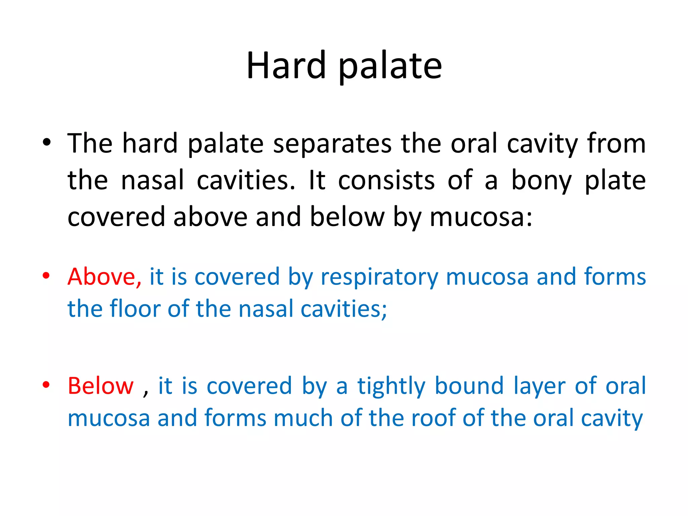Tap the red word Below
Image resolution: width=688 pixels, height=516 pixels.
(x=100, y=386)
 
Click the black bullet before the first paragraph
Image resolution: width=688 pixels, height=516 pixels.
(x=46, y=142)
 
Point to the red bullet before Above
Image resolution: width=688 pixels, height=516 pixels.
(x=46, y=275)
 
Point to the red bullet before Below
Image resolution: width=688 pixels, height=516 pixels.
(x=46, y=384)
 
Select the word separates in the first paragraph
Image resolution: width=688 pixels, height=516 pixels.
(x=332, y=144)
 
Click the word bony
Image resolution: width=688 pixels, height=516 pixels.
(x=541, y=181)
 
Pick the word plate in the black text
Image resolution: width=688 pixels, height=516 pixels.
(x=615, y=181)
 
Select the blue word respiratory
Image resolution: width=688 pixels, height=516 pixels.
(x=379, y=277)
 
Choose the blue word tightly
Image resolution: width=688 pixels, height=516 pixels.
(x=391, y=386)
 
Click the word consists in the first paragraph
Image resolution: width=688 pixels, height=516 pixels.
(x=386, y=181)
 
